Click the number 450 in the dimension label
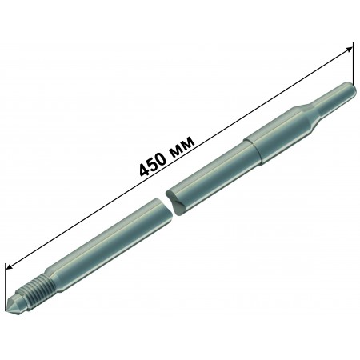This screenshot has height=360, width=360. click(153, 162)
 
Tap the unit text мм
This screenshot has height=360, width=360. click(182, 146)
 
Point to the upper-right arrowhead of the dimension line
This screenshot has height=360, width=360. click(349, 50)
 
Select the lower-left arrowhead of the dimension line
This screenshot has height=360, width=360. click(10, 266)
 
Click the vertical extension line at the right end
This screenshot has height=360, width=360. click(353, 63)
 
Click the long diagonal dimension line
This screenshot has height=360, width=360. click(179, 158)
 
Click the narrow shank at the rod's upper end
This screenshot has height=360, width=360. click(335, 99)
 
